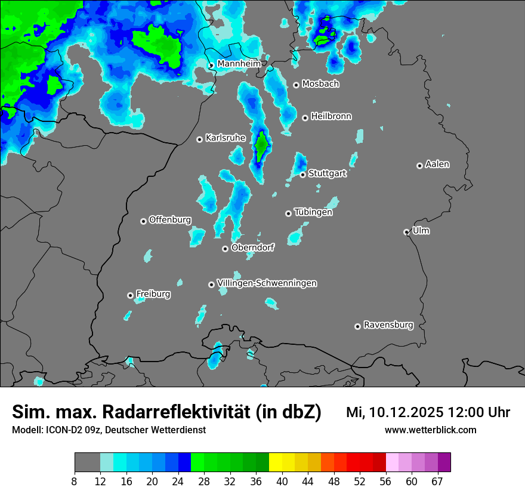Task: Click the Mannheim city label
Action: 239,63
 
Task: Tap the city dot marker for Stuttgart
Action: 303,174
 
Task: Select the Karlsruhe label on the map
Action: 226,138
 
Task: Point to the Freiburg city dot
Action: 130,295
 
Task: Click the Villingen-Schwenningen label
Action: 267,283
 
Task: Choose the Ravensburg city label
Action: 388,325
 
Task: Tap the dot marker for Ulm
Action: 406,232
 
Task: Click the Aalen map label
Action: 437,164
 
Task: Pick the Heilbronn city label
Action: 331,117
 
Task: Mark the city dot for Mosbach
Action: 296,85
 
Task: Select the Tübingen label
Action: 313,212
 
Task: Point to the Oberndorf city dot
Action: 225,249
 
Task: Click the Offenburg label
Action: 170,220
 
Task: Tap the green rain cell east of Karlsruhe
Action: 261,145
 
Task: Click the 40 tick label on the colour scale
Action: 283,481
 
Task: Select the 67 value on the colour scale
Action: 437,481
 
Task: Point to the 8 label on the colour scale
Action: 74,481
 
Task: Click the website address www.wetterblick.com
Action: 430,430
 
